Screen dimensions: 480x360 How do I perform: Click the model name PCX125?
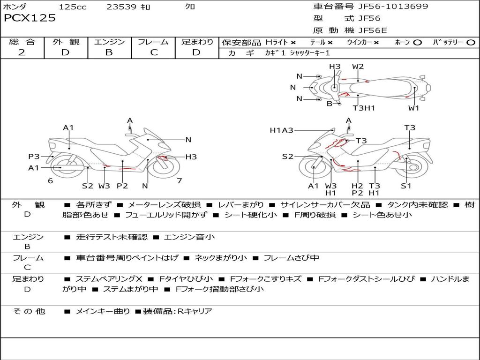click(30, 18)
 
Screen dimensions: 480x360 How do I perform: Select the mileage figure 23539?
click(121, 7)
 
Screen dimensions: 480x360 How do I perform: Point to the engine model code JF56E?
click(373, 30)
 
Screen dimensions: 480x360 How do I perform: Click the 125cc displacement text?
click(73, 7)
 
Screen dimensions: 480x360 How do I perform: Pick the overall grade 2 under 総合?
click(22, 52)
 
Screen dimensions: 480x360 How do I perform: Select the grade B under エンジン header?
click(109, 52)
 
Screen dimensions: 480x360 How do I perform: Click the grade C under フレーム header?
click(154, 52)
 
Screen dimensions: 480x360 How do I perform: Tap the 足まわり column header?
click(197, 42)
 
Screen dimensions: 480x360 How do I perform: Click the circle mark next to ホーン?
click(417, 43)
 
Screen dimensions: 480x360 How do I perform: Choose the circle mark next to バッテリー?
click(471, 43)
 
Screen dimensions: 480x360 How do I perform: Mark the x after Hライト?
click(293, 43)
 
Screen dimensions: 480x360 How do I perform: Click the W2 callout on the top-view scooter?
click(358, 67)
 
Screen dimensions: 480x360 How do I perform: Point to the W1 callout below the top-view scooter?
click(413, 108)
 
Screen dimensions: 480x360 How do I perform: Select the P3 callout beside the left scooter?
click(34, 157)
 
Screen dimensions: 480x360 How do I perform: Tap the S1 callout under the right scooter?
click(406, 186)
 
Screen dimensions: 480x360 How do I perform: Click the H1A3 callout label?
click(281, 130)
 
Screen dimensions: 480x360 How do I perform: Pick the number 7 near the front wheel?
click(179, 180)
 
